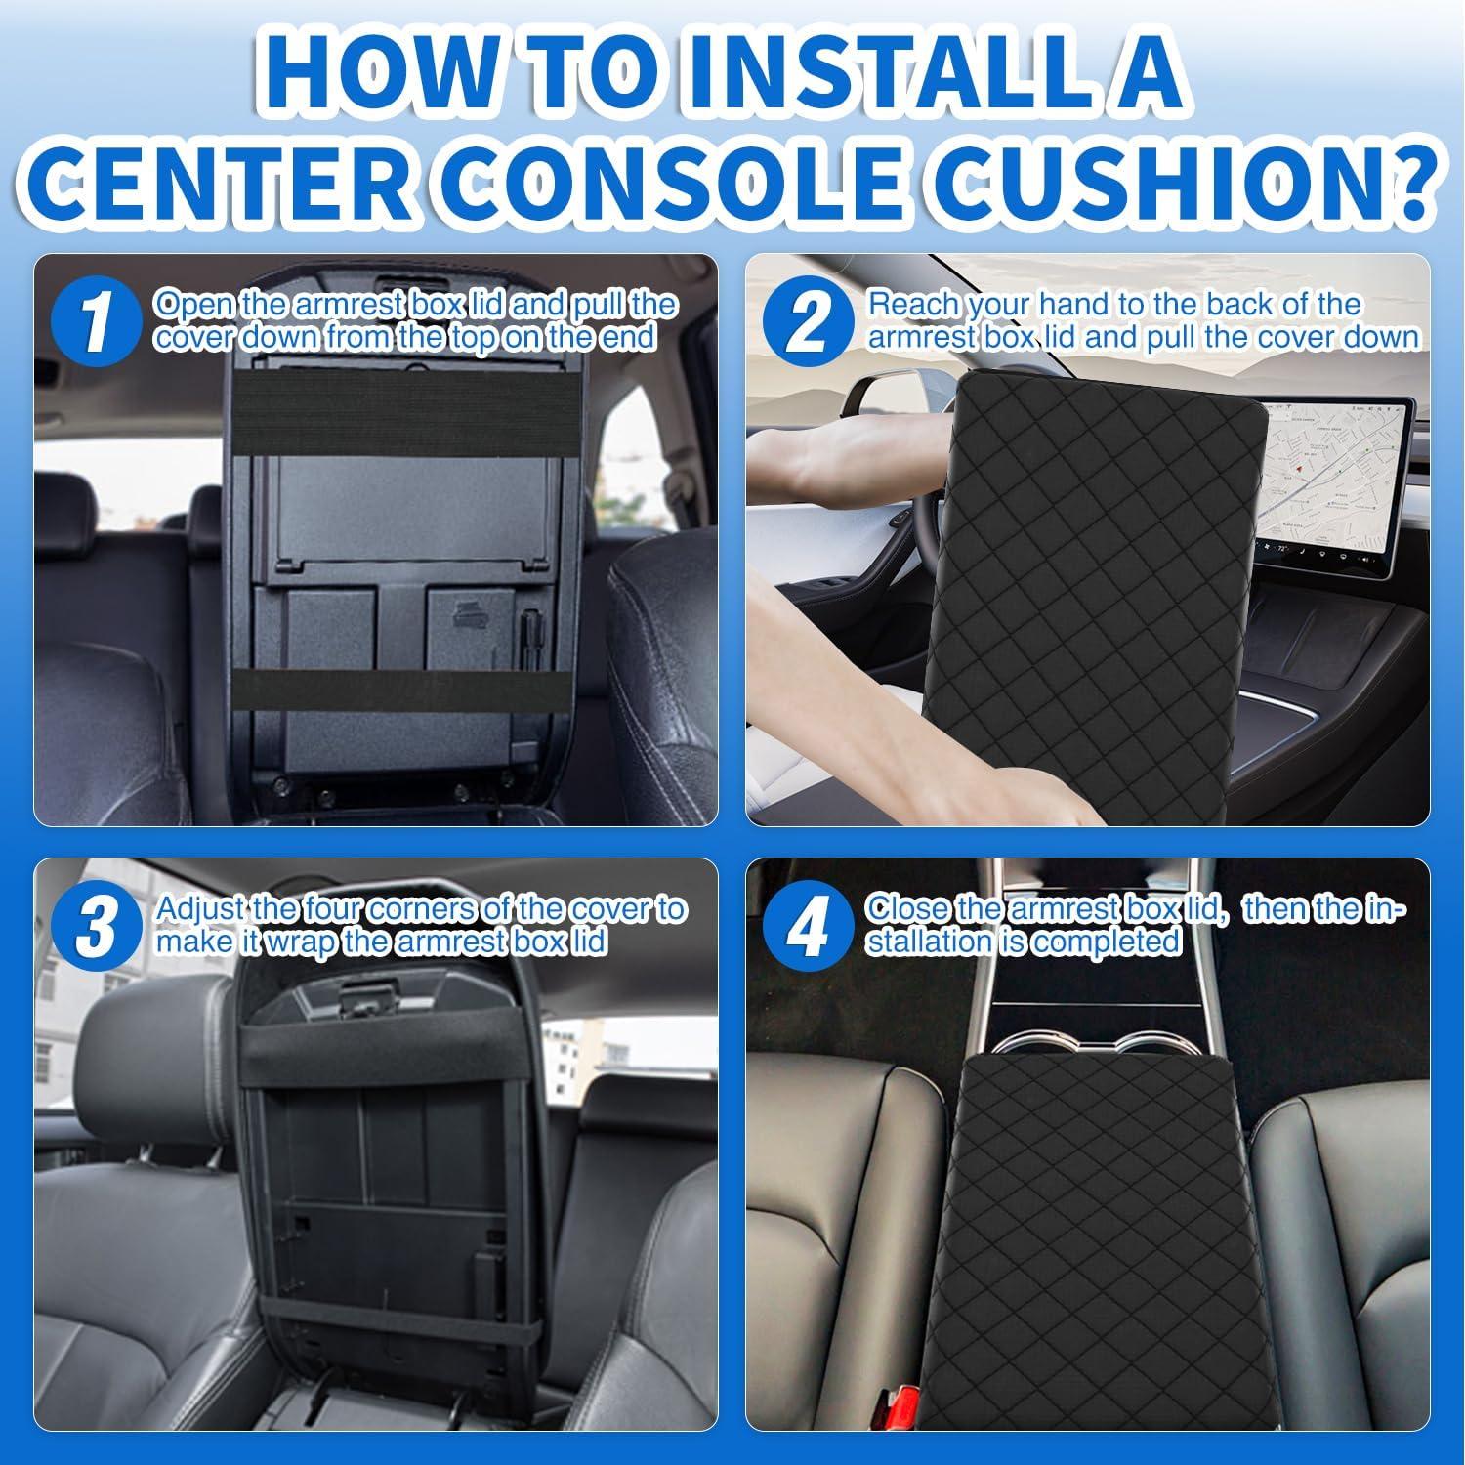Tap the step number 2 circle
point(809,321)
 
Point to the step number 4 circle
point(809,926)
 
